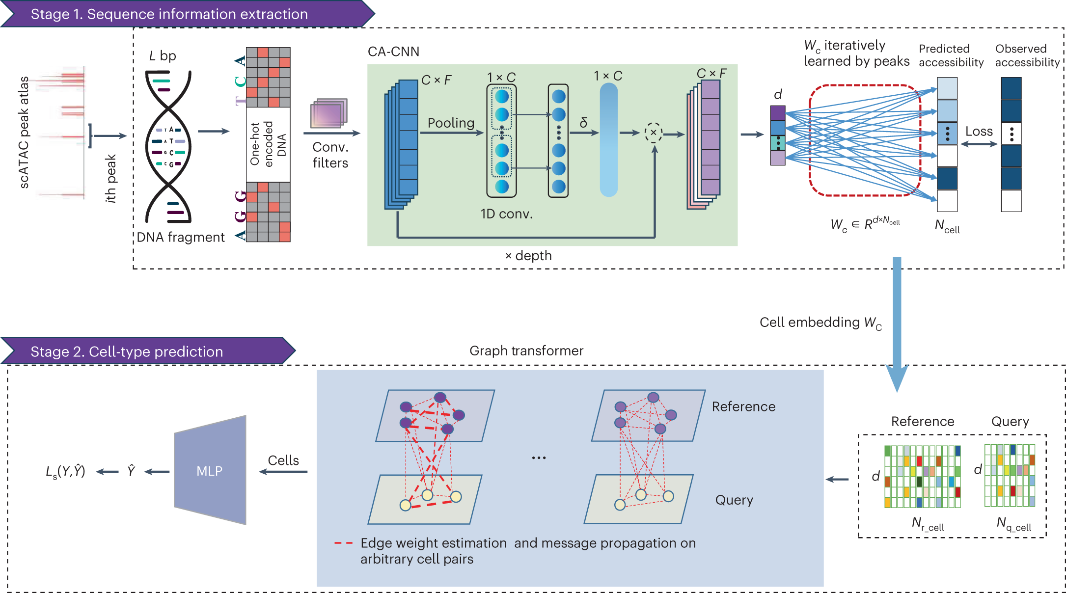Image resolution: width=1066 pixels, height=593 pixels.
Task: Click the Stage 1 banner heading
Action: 169,14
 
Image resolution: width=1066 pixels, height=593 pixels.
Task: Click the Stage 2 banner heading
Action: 127,351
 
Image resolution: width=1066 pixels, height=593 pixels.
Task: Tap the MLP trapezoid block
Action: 210,471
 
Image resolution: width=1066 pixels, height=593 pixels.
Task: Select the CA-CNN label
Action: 393,52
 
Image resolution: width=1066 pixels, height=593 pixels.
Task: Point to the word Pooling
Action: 451,123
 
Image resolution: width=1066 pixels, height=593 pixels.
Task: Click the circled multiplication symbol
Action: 654,133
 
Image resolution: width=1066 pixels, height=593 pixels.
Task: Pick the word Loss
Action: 979,132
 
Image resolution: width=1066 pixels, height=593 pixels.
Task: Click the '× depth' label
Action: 528,256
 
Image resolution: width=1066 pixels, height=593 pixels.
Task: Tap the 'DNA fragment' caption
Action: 180,237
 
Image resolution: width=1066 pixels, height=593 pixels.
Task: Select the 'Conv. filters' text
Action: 330,155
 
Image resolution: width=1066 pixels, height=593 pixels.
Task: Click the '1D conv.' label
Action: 506,214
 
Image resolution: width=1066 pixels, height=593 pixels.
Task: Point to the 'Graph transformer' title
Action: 526,350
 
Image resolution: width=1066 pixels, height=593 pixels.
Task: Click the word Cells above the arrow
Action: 283,460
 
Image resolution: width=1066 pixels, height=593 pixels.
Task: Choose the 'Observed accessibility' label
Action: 1027,55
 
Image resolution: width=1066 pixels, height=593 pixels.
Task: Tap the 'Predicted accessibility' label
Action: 951,55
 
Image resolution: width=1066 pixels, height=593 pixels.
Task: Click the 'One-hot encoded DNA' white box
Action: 268,144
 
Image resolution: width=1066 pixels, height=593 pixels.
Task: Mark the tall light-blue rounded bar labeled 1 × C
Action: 608,140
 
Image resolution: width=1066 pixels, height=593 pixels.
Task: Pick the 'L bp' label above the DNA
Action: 163,56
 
